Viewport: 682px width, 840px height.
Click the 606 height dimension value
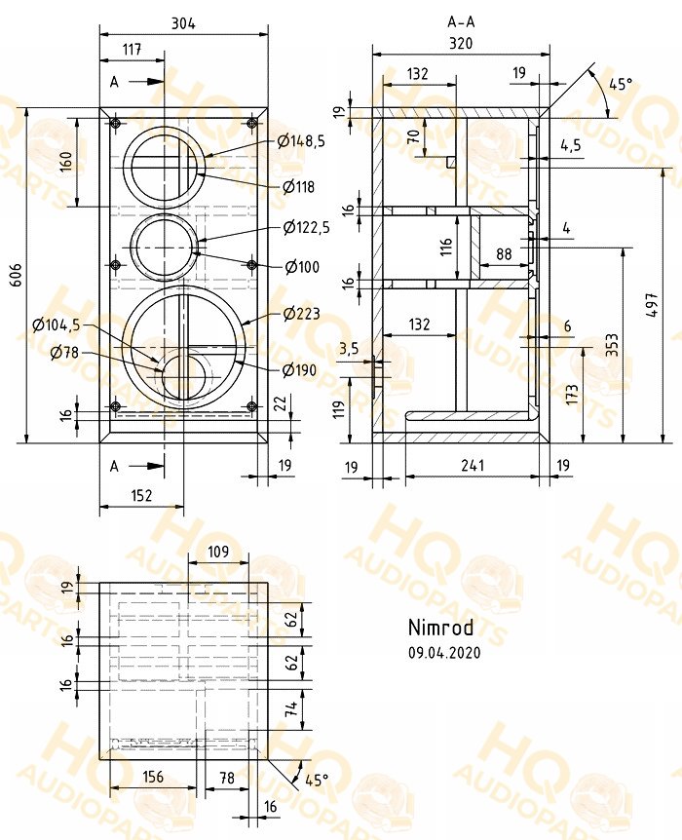click(17, 274)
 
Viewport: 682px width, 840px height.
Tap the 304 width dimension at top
click(183, 23)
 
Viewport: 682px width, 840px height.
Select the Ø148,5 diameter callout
click(301, 141)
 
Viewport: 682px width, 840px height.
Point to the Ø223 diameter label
click(302, 314)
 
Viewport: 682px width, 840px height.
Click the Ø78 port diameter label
click(64, 352)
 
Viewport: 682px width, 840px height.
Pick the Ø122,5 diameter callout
click(307, 228)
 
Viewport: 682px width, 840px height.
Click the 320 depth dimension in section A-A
click(461, 43)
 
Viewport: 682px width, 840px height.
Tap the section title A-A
click(461, 22)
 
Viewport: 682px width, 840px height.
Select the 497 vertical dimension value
click(652, 305)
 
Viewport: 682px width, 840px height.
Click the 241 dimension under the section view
click(472, 465)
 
